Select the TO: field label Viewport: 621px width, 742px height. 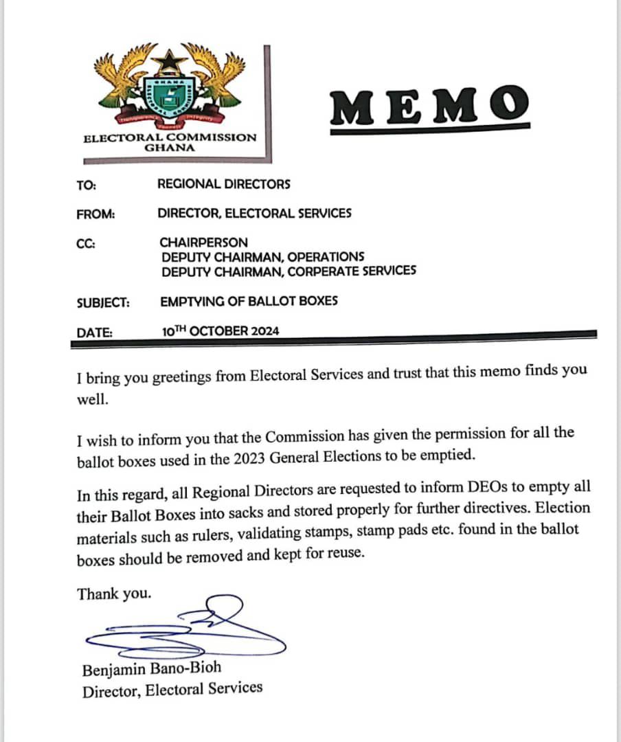87,184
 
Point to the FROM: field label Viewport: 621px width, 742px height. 95,214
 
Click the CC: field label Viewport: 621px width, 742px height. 86,243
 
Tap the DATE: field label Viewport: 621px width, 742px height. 95,332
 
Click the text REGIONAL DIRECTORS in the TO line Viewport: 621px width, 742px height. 224,184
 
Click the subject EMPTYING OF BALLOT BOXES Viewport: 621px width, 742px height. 249,301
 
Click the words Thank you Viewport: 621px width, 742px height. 114,594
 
